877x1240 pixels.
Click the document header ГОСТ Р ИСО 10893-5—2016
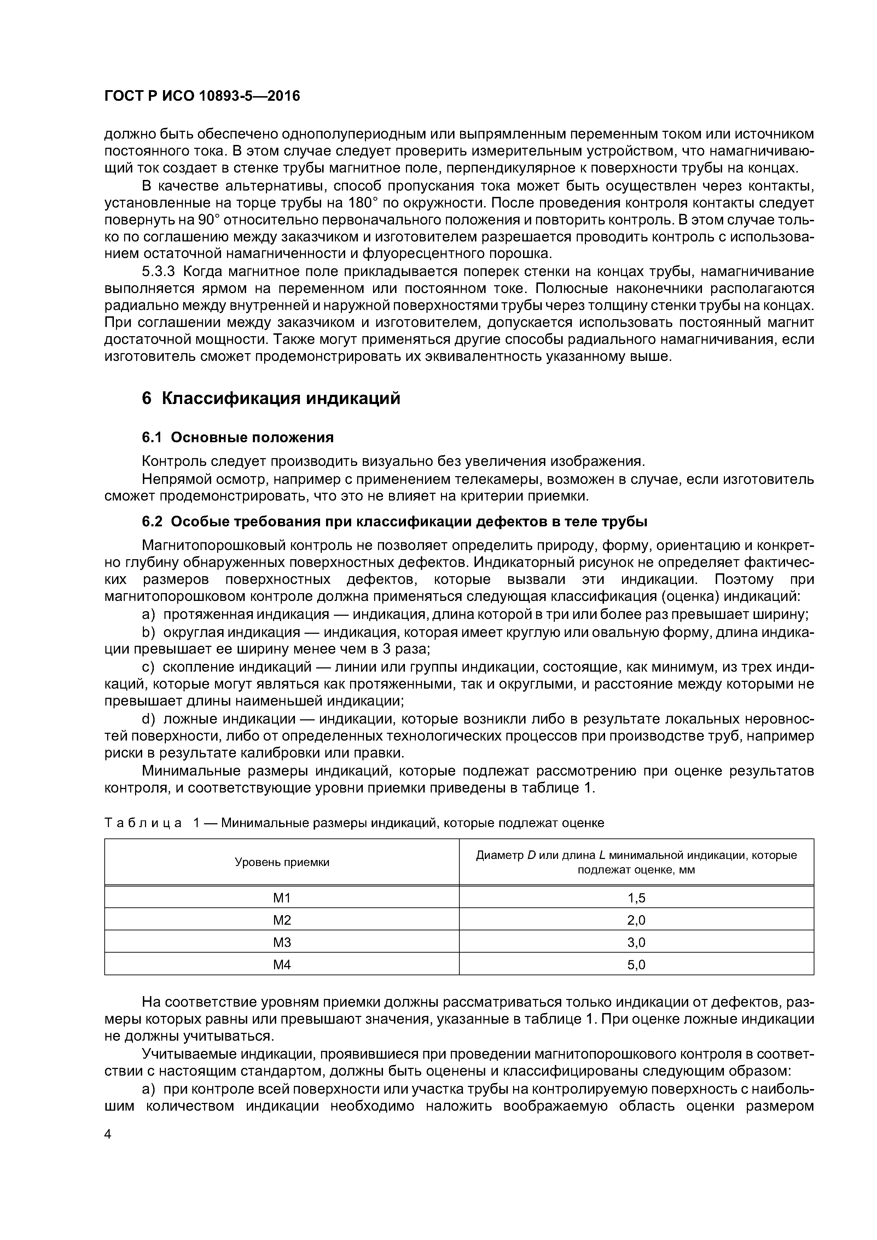pos(202,96)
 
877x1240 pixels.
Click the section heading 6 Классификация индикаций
pos(271,399)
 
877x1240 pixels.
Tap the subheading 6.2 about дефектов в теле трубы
pos(394,522)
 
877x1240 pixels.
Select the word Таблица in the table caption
pos(143,823)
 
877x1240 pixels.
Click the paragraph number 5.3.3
pos(160,271)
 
